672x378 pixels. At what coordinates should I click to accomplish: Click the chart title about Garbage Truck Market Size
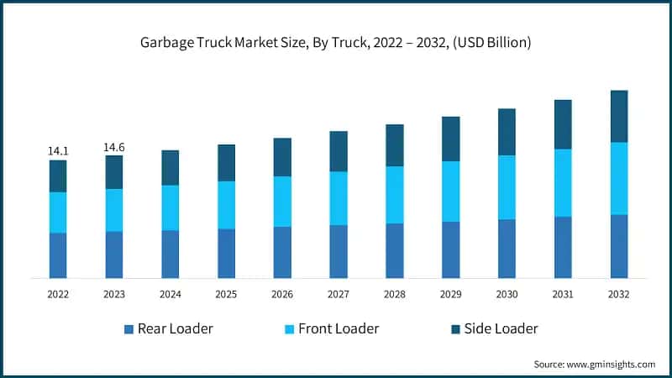(336, 43)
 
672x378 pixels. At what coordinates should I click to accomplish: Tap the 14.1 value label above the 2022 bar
(58, 151)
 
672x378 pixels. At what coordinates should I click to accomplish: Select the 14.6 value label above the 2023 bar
(114, 148)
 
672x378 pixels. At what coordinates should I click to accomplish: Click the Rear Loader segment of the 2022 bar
(58, 255)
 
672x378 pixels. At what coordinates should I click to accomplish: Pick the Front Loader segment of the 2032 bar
(618, 178)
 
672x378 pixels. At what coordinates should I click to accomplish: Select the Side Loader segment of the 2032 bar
(618, 116)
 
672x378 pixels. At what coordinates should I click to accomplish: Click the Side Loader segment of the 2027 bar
(339, 151)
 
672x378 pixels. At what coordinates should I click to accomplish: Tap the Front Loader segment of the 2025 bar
(226, 205)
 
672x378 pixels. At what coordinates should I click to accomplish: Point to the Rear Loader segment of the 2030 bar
(507, 249)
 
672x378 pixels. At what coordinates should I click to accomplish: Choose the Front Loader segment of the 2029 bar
(450, 192)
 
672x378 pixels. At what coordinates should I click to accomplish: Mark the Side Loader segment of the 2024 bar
(171, 168)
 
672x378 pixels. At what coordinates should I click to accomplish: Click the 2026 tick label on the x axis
(282, 295)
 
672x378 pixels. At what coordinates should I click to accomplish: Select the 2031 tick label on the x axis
(562, 295)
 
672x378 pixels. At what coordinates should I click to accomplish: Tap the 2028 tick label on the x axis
(394, 295)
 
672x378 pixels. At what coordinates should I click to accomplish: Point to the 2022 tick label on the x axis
(58, 295)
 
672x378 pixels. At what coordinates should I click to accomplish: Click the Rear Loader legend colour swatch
(129, 329)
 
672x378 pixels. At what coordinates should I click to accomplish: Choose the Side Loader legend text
(501, 328)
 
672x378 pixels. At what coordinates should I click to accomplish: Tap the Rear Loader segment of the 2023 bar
(114, 255)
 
